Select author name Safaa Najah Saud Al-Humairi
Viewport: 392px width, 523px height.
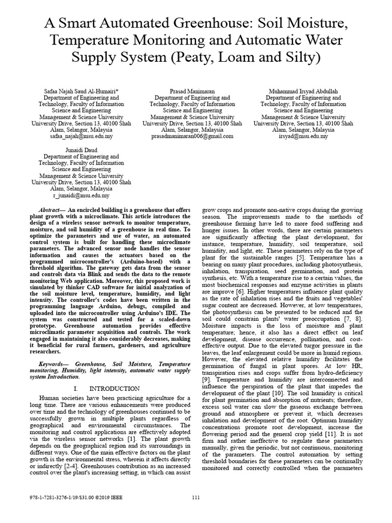[79, 90]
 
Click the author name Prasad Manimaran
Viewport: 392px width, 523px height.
[192, 90]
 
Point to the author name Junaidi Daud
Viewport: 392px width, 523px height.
[79, 150]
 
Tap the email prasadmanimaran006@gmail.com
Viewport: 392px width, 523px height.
[192, 137]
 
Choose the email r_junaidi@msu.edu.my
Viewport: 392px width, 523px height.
[81, 196]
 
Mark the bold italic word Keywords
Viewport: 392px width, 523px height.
[54, 364]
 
